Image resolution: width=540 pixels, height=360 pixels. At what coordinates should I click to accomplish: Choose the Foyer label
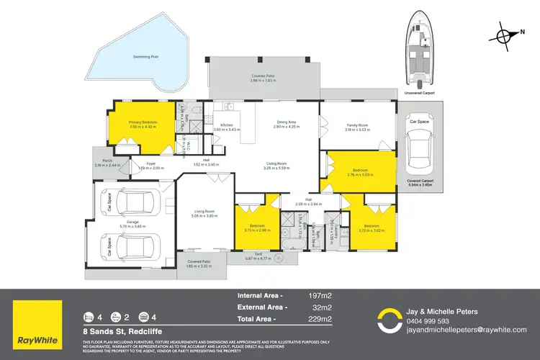tap(151, 164)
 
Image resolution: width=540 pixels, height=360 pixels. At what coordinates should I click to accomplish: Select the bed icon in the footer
tap(89, 317)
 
